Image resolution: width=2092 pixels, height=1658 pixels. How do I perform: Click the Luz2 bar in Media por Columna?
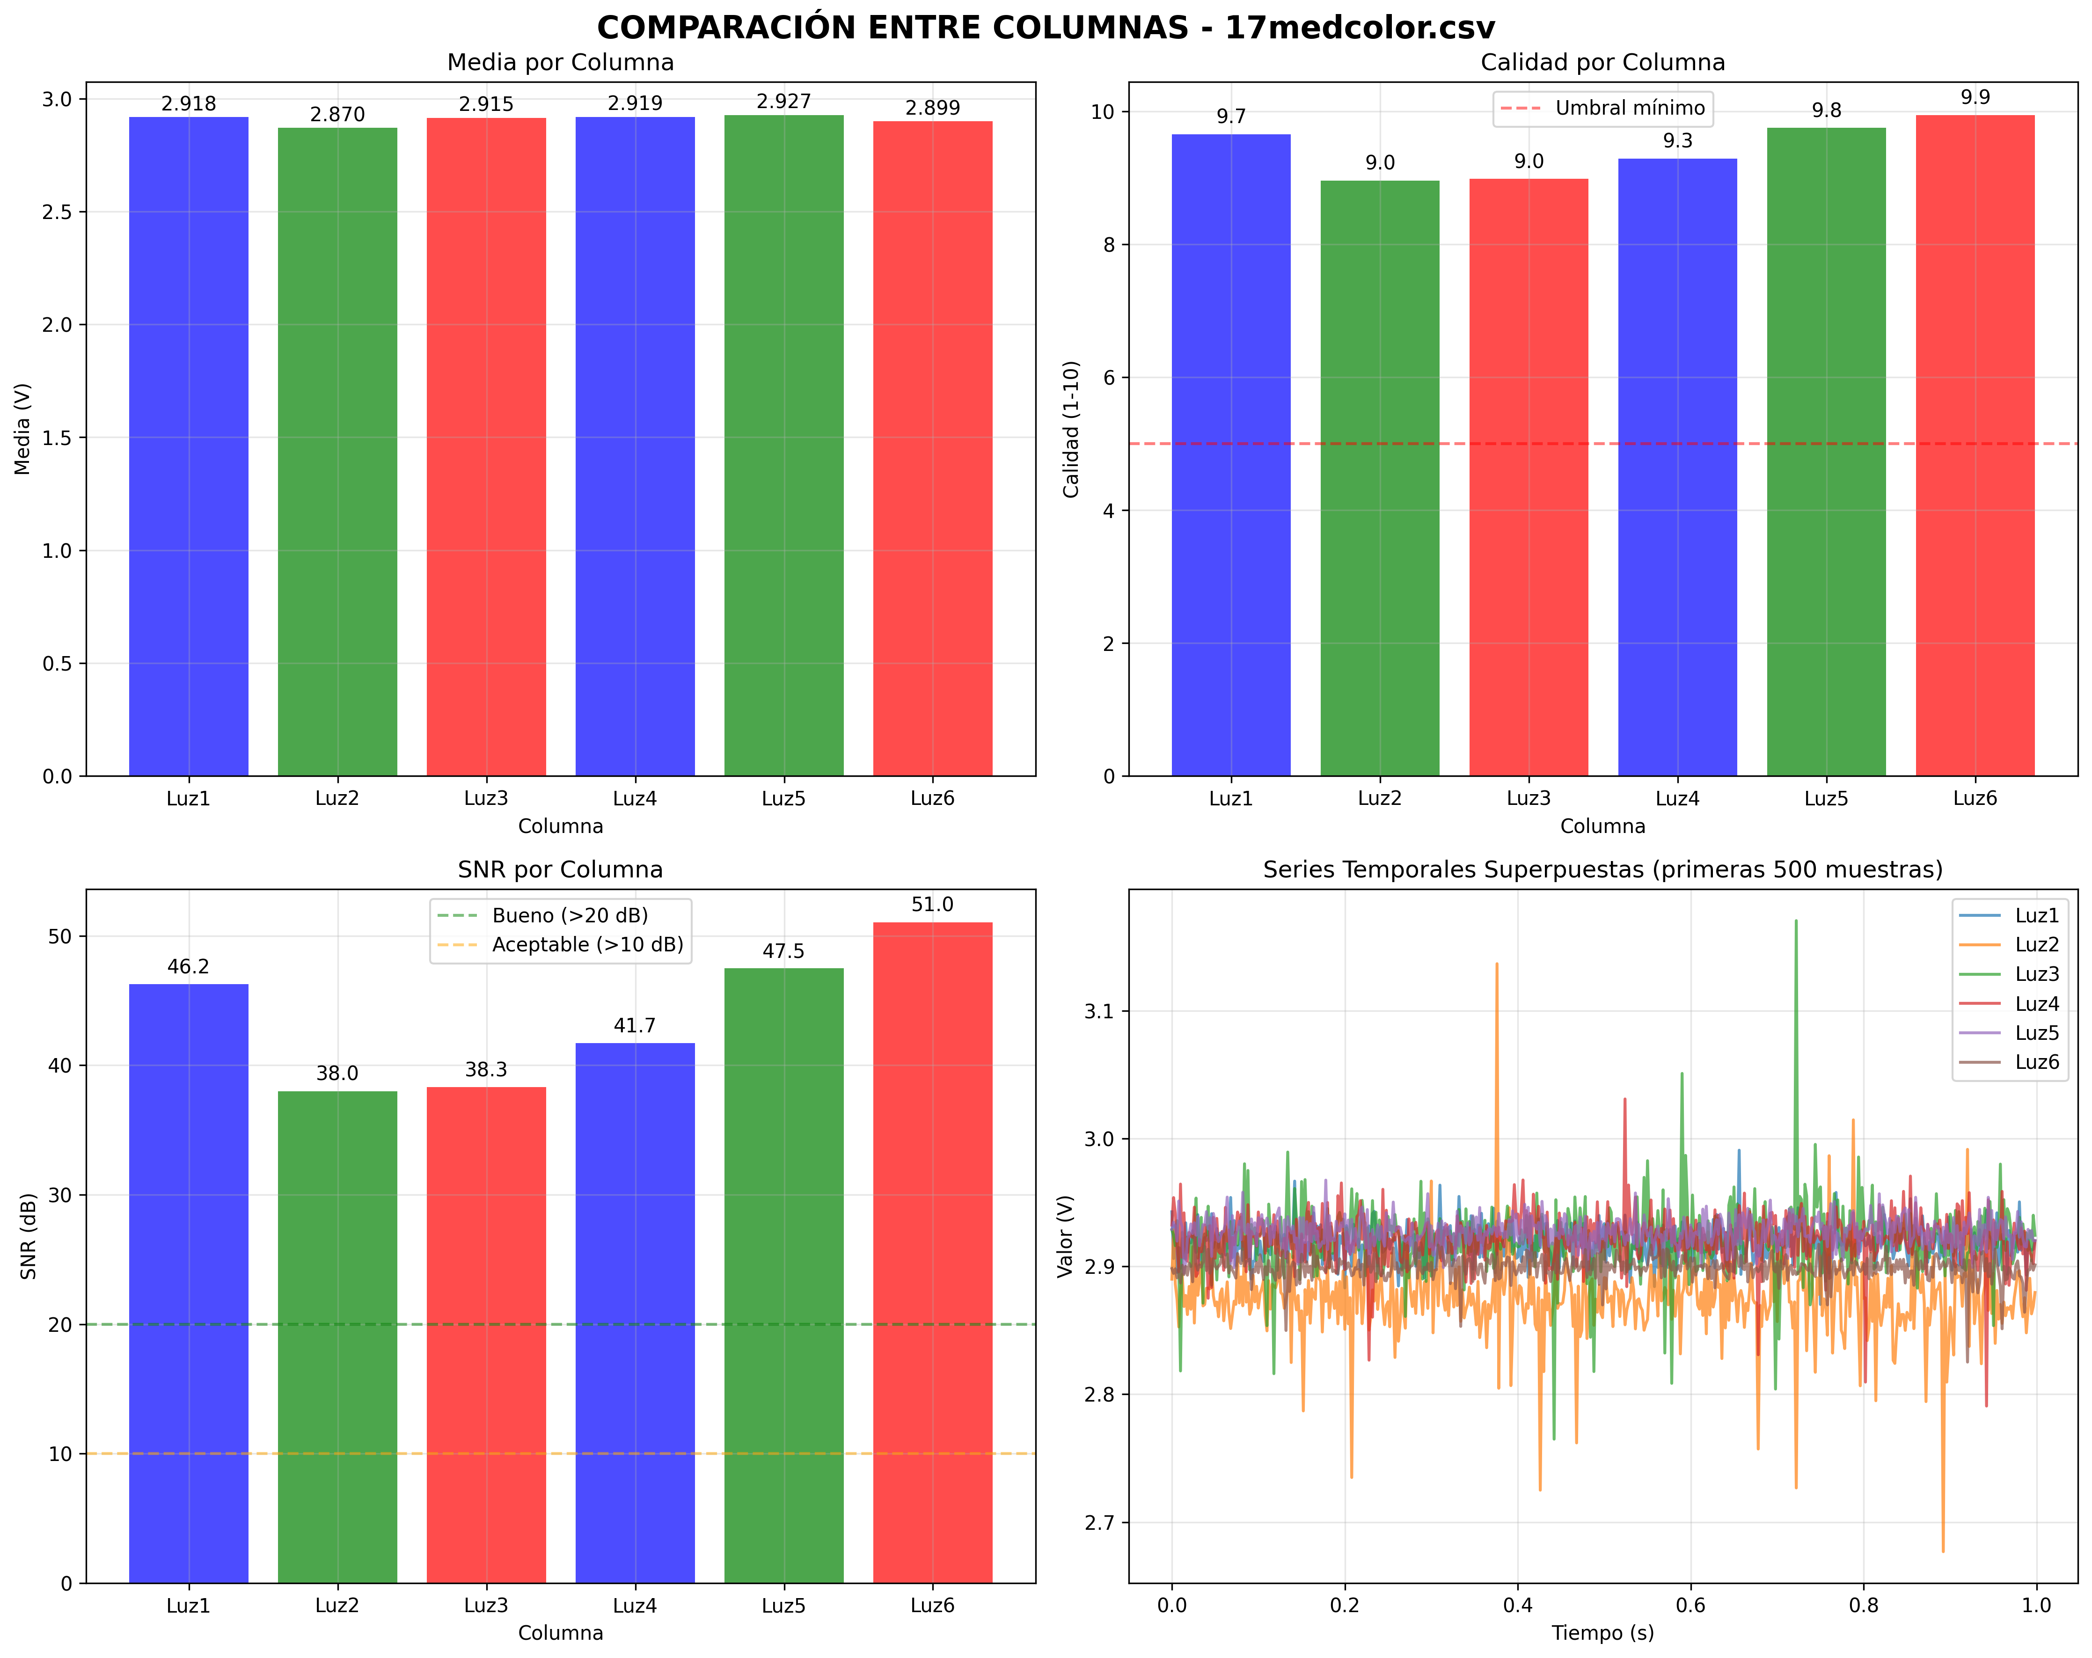[338, 451]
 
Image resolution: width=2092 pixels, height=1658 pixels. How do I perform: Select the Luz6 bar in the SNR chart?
[932, 1251]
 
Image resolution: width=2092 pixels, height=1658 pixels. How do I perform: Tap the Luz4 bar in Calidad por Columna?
[1678, 466]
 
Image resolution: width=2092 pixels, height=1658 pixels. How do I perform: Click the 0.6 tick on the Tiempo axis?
[1690, 1606]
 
